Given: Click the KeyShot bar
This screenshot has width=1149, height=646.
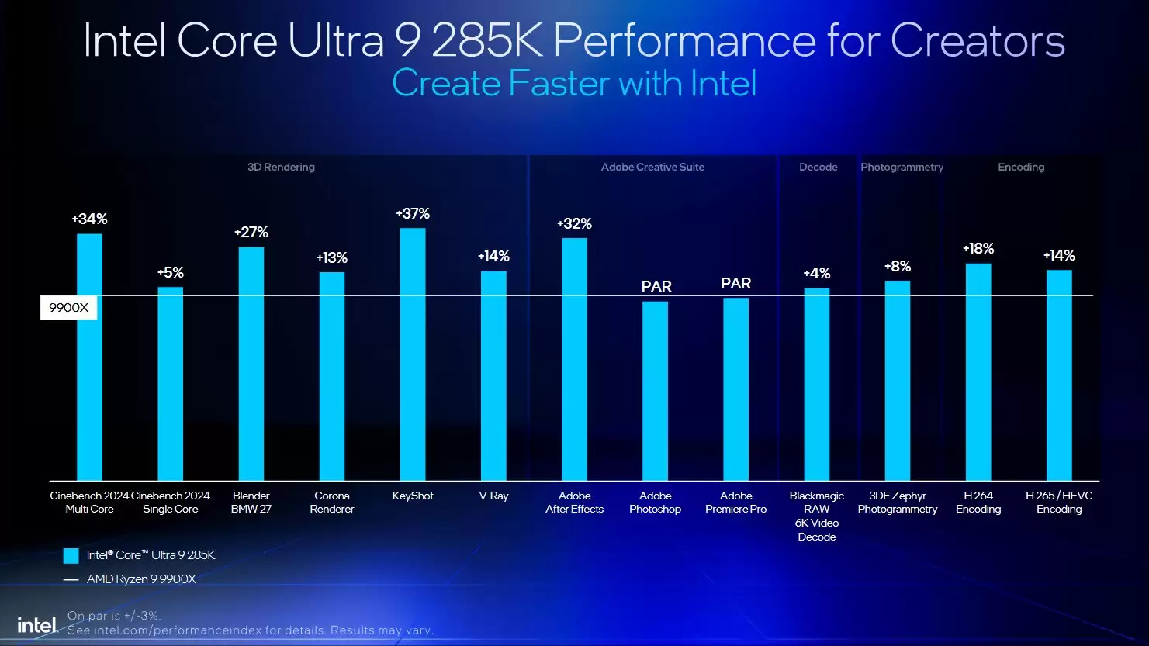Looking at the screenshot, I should pyautogui.click(x=413, y=354).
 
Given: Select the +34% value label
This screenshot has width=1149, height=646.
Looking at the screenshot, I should pyautogui.click(x=89, y=219).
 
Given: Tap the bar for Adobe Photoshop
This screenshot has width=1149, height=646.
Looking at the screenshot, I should pyautogui.click(x=655, y=391).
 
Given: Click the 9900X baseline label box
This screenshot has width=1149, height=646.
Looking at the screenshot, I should pyautogui.click(x=69, y=308).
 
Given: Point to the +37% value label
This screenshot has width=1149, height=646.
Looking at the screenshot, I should pyautogui.click(x=413, y=214).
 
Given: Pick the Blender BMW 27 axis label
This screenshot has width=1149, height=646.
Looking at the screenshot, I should pyautogui.click(x=251, y=503).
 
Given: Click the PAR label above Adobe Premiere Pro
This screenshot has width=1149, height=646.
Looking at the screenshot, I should pyautogui.click(x=735, y=284).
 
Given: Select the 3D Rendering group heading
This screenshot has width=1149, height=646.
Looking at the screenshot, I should pyautogui.click(x=281, y=167).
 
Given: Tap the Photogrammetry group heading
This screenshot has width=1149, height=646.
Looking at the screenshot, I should pyautogui.click(x=902, y=167).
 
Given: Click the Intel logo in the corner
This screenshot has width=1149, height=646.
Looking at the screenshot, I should pyautogui.click(x=37, y=625).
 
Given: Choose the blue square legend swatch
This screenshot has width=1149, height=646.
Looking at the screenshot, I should pyautogui.click(x=71, y=555).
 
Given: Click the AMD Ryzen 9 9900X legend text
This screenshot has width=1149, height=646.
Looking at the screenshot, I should pyautogui.click(x=141, y=579).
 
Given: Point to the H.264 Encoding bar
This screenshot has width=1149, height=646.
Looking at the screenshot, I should pyautogui.click(x=978, y=372).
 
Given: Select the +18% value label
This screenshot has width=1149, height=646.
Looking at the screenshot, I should pyautogui.click(x=978, y=249).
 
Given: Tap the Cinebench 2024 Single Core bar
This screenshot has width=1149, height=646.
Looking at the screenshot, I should pyautogui.click(x=171, y=384).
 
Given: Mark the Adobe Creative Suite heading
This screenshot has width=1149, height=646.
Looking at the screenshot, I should pyautogui.click(x=652, y=167).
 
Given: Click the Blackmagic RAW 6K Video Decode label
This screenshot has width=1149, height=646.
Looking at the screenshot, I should pyautogui.click(x=816, y=516).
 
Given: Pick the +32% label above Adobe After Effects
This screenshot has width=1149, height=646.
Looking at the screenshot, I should pyautogui.click(x=574, y=224).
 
